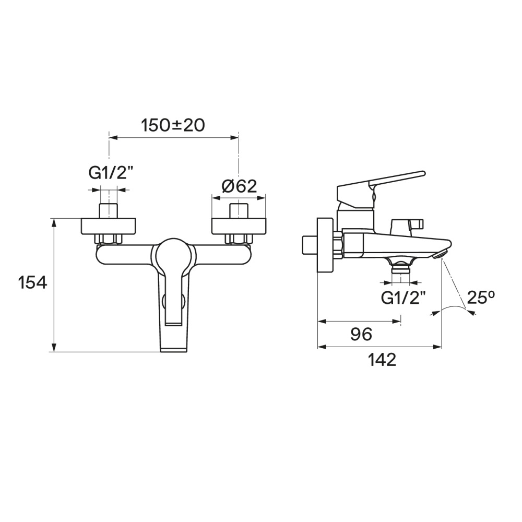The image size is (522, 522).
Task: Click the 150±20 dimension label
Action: pyautogui.click(x=173, y=125)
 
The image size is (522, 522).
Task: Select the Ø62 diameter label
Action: pyautogui.click(x=240, y=186)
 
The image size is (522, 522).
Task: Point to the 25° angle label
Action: pyautogui.click(x=481, y=298)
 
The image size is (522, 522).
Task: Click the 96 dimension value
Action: pyautogui.click(x=361, y=334)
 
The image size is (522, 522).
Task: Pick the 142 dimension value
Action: pyautogui.click(x=382, y=360)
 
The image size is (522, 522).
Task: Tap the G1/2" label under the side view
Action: pyautogui.click(x=403, y=298)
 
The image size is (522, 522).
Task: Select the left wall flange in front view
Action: pyautogui.click(x=109, y=226)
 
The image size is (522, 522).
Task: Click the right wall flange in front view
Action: pyautogui.click(x=239, y=226)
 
